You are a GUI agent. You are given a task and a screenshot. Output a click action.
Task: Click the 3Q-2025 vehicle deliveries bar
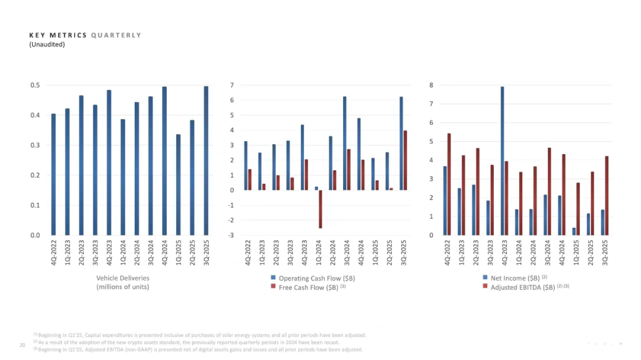click(x=206, y=160)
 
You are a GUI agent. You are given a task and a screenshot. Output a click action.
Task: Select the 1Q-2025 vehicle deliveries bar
click(x=178, y=184)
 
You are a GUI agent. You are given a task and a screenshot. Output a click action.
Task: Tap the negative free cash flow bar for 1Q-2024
click(x=320, y=209)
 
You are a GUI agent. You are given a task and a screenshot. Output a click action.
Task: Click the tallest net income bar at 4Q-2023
click(x=502, y=161)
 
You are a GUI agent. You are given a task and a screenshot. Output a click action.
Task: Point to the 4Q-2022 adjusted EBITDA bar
click(x=449, y=184)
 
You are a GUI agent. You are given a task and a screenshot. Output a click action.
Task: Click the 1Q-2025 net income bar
click(x=574, y=231)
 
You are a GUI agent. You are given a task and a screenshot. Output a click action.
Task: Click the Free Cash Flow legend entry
click(x=308, y=287)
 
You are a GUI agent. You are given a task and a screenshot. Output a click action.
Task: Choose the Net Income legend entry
click(x=515, y=278)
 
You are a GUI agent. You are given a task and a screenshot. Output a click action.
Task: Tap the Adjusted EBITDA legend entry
click(x=522, y=287)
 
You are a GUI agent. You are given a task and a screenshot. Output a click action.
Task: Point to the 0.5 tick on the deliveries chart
click(x=35, y=85)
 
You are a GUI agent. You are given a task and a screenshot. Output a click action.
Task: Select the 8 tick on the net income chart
click(x=431, y=85)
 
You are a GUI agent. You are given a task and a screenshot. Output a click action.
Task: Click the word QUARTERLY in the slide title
click(x=116, y=35)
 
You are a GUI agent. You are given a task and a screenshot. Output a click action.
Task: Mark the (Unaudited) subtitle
click(x=47, y=44)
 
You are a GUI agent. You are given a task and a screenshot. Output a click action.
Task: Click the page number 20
click(x=22, y=345)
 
